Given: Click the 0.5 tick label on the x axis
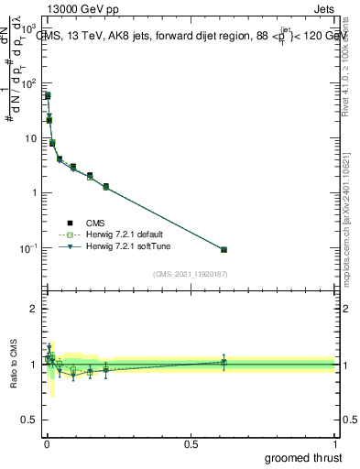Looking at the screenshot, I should click(x=191, y=443).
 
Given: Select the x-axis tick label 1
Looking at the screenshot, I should click(x=335, y=443).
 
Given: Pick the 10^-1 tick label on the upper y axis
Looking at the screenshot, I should click(x=29, y=248).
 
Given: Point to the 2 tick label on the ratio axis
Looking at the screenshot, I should click(x=35, y=309).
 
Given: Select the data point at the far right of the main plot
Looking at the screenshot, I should click(x=224, y=249).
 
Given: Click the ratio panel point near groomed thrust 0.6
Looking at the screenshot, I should click(x=224, y=362).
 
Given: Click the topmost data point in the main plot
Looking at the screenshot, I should click(x=48, y=95).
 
